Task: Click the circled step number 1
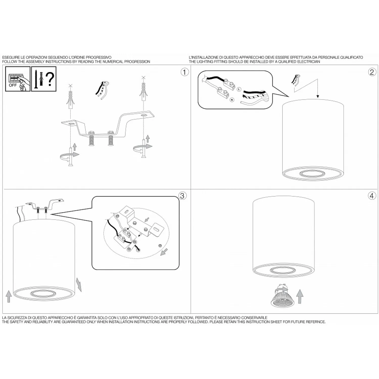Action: (x=185, y=72)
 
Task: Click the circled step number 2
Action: (x=372, y=72)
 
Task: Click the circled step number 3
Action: (x=182, y=196)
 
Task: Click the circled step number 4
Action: (x=372, y=196)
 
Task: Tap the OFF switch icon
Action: (x=18, y=79)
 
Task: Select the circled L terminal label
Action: (x=239, y=89)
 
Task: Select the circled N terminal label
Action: (x=232, y=100)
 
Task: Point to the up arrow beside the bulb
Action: (x=300, y=296)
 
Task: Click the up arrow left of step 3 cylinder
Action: (x=9, y=296)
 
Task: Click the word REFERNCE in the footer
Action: (x=315, y=322)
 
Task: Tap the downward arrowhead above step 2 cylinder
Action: (x=318, y=96)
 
